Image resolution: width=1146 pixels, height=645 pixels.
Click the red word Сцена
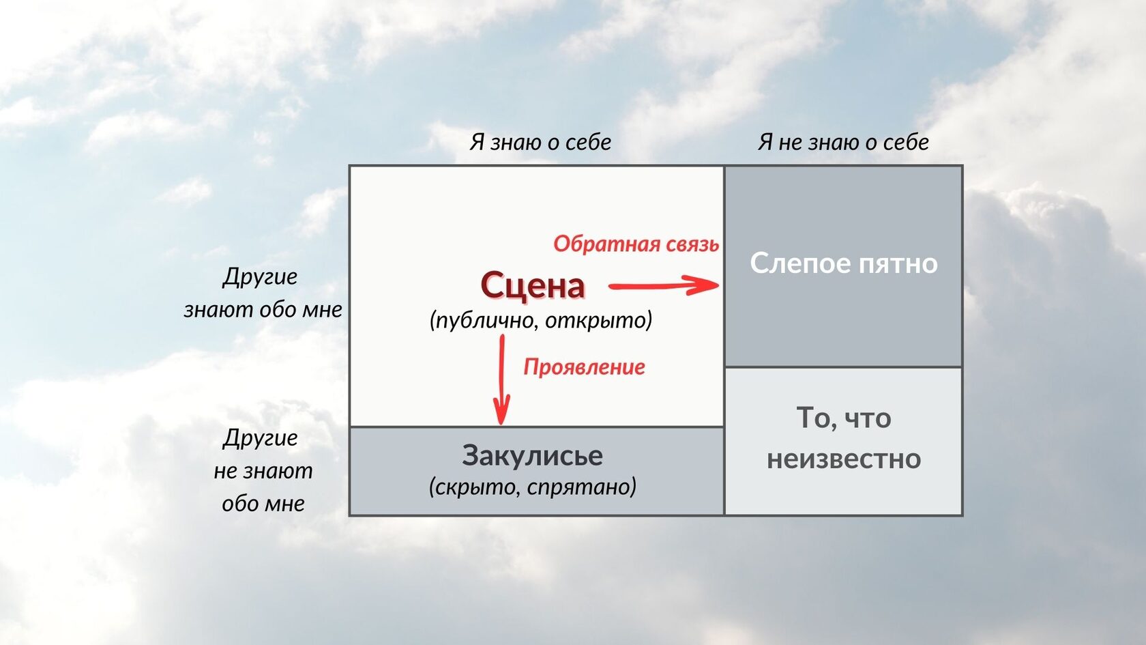[533, 285]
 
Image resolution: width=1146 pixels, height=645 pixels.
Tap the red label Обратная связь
[636, 244]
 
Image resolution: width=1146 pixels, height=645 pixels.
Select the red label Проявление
[584, 367]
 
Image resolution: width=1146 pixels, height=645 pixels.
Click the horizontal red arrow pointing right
[664, 285]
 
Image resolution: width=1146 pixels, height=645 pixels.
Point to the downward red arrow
[501, 379]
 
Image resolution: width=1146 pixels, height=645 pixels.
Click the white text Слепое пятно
[844, 263]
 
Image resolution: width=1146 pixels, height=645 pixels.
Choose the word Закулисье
[532, 455]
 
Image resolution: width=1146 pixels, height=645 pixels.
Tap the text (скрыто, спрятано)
[533, 487]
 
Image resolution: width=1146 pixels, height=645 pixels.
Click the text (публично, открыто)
[541, 321]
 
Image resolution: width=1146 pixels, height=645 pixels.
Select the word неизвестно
[844, 458]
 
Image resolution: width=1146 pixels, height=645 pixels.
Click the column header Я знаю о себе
[540, 142]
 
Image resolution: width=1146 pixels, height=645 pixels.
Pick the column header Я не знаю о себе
[843, 142]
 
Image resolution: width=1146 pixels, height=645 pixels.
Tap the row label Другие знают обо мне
[263, 293]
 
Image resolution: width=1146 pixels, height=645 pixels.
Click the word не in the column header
[791, 144]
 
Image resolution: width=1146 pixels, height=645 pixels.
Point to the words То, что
[844, 418]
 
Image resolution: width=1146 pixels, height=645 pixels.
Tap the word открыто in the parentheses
[599, 321]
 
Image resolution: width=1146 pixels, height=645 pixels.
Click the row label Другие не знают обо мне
[263, 470]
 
